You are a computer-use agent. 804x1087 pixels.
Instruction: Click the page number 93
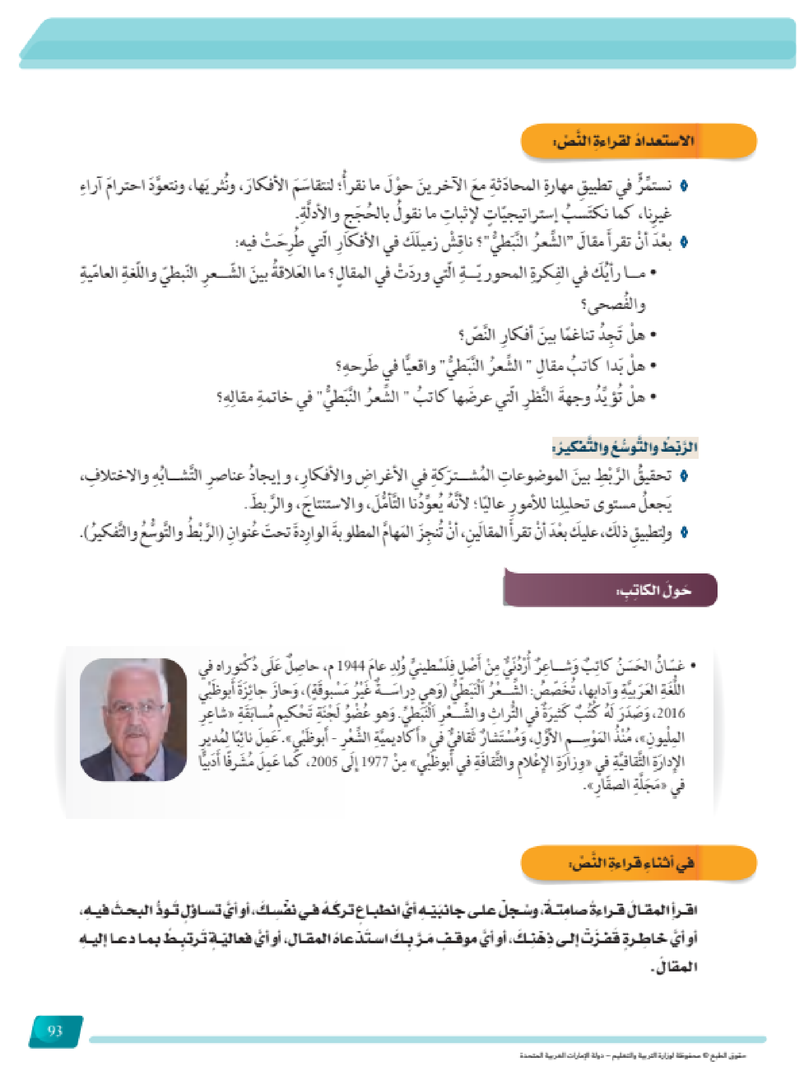pyautogui.click(x=55, y=1030)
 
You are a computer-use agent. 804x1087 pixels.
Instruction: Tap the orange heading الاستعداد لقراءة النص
pyautogui.click(x=624, y=141)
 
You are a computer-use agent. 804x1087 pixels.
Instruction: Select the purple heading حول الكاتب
pyautogui.click(x=654, y=591)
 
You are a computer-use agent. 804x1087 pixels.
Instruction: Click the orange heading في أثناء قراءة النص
pyautogui.click(x=633, y=863)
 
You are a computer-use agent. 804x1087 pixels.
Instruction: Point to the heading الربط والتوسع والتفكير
pyautogui.click(x=625, y=448)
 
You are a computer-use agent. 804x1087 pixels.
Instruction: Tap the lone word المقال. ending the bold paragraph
pyautogui.click(x=674, y=967)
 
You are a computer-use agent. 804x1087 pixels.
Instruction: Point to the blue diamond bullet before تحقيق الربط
pyautogui.click(x=684, y=476)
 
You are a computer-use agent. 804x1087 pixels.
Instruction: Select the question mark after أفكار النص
pyautogui.click(x=462, y=336)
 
